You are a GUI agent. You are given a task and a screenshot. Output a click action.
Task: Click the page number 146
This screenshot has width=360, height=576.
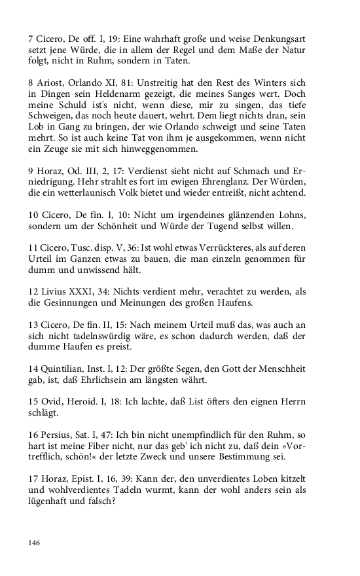(35, 543)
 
